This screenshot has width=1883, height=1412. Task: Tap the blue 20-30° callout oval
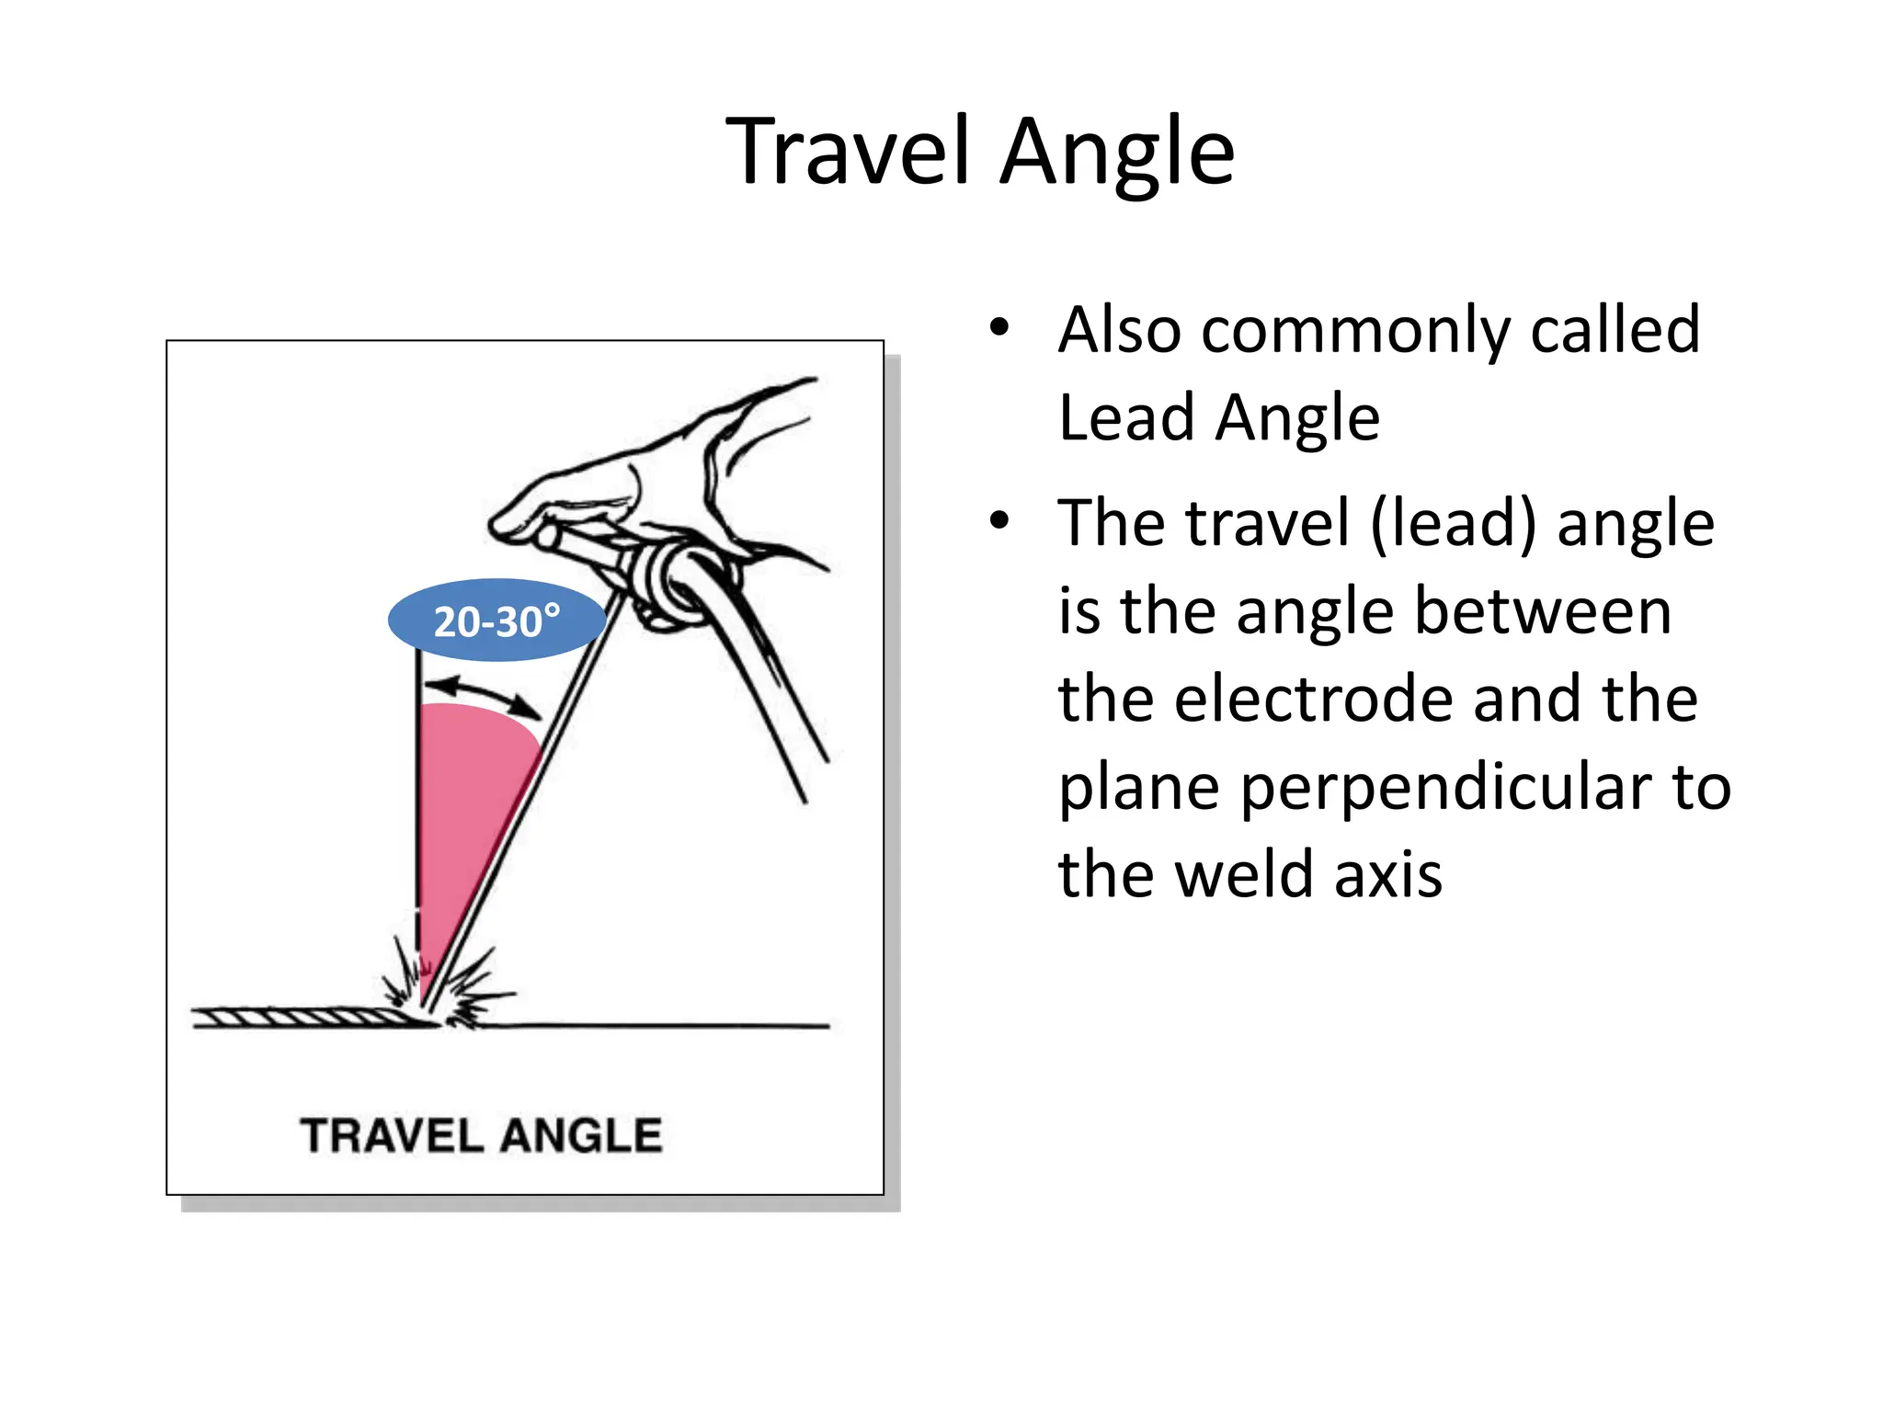(496, 621)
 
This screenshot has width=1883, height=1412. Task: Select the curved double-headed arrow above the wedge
(484, 696)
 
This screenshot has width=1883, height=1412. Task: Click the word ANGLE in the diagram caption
(582, 1136)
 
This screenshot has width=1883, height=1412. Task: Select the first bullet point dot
(999, 327)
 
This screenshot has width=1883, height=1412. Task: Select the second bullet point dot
(999, 521)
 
